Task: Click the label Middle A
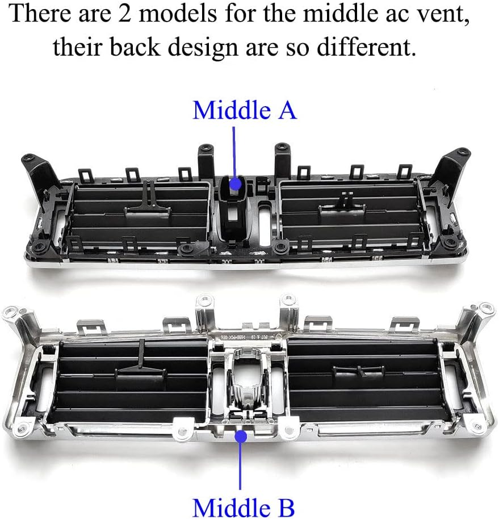coord(244,110)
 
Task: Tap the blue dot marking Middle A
coord(234,183)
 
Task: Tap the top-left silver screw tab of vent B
coord(11,313)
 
